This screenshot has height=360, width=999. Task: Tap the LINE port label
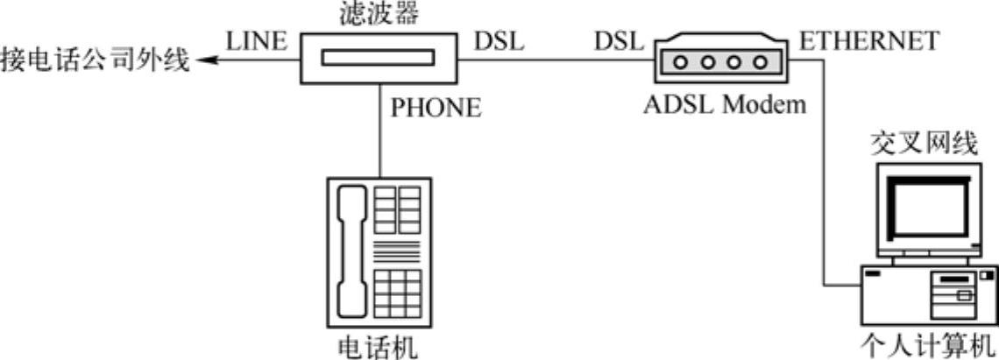point(257,41)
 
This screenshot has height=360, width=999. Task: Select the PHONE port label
point(436,108)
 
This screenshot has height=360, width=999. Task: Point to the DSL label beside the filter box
point(499,41)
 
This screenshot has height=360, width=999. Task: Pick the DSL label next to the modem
point(619,41)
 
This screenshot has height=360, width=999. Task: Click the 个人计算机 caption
point(930,343)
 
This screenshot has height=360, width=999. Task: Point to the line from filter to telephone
point(379,131)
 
